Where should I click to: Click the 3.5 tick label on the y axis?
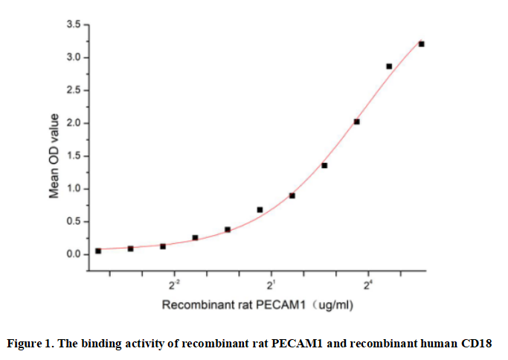[74, 25]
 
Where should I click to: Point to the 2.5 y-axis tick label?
[74, 91]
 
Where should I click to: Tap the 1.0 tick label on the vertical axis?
[74, 189]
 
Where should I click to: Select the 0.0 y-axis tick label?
[74, 254]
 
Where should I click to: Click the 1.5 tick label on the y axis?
[74, 156]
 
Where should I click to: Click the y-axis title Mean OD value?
[54, 155]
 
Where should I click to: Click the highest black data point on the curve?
[421, 44]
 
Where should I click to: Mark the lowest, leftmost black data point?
[98, 251]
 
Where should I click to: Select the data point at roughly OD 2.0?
[357, 121]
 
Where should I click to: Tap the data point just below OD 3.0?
[389, 66]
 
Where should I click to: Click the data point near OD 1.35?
[324, 165]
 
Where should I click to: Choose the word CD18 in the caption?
[476, 344]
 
